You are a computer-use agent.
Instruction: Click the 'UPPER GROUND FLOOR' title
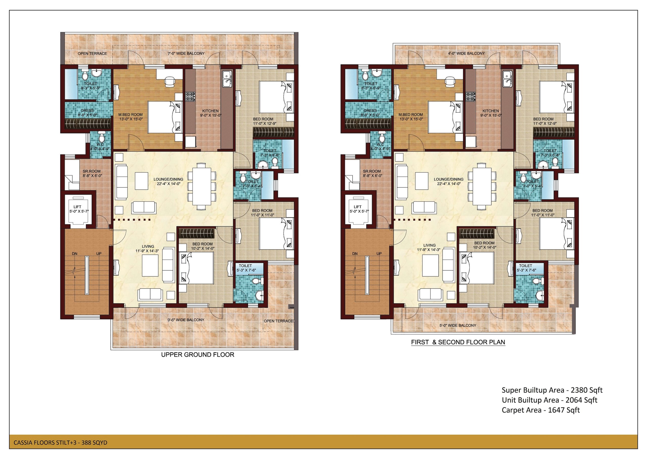tap(198, 355)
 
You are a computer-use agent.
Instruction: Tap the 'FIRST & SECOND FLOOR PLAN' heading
tap(458, 342)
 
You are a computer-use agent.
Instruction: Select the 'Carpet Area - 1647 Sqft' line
tap(541, 410)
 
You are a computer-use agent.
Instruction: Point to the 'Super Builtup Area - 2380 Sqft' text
tap(552, 390)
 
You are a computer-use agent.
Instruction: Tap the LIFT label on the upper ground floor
tap(77, 207)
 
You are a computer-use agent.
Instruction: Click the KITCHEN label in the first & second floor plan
tap(491, 111)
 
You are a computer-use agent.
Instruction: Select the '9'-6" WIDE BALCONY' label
tap(186, 320)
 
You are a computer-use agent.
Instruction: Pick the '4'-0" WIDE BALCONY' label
tap(466, 53)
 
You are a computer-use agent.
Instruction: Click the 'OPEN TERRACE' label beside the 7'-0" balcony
tap(92, 53)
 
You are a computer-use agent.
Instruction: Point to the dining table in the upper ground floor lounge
tap(202, 186)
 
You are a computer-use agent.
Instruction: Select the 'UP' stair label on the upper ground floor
tap(99, 254)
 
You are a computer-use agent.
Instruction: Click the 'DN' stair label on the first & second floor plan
tap(355, 254)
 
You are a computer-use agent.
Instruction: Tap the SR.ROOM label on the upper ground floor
tap(91, 171)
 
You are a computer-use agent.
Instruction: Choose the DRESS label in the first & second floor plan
tap(370, 111)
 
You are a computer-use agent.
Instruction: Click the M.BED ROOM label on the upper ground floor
tap(130, 115)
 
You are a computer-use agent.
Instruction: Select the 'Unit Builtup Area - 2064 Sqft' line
tap(549, 400)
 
